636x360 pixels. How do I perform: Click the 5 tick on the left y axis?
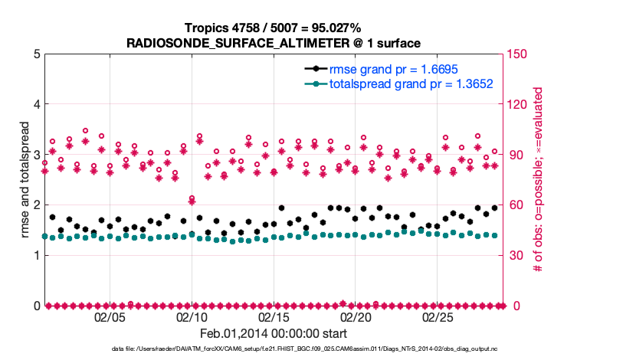pyautogui.click(x=36, y=54)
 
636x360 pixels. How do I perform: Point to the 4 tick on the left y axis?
pyautogui.click(x=36, y=105)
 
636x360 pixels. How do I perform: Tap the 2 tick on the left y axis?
pyautogui.click(x=36, y=205)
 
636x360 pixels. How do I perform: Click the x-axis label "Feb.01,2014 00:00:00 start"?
pyautogui.click(x=274, y=334)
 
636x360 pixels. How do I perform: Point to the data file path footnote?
pyautogui.click(x=305, y=349)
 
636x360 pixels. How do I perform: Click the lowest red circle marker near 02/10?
pyautogui.click(x=192, y=198)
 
